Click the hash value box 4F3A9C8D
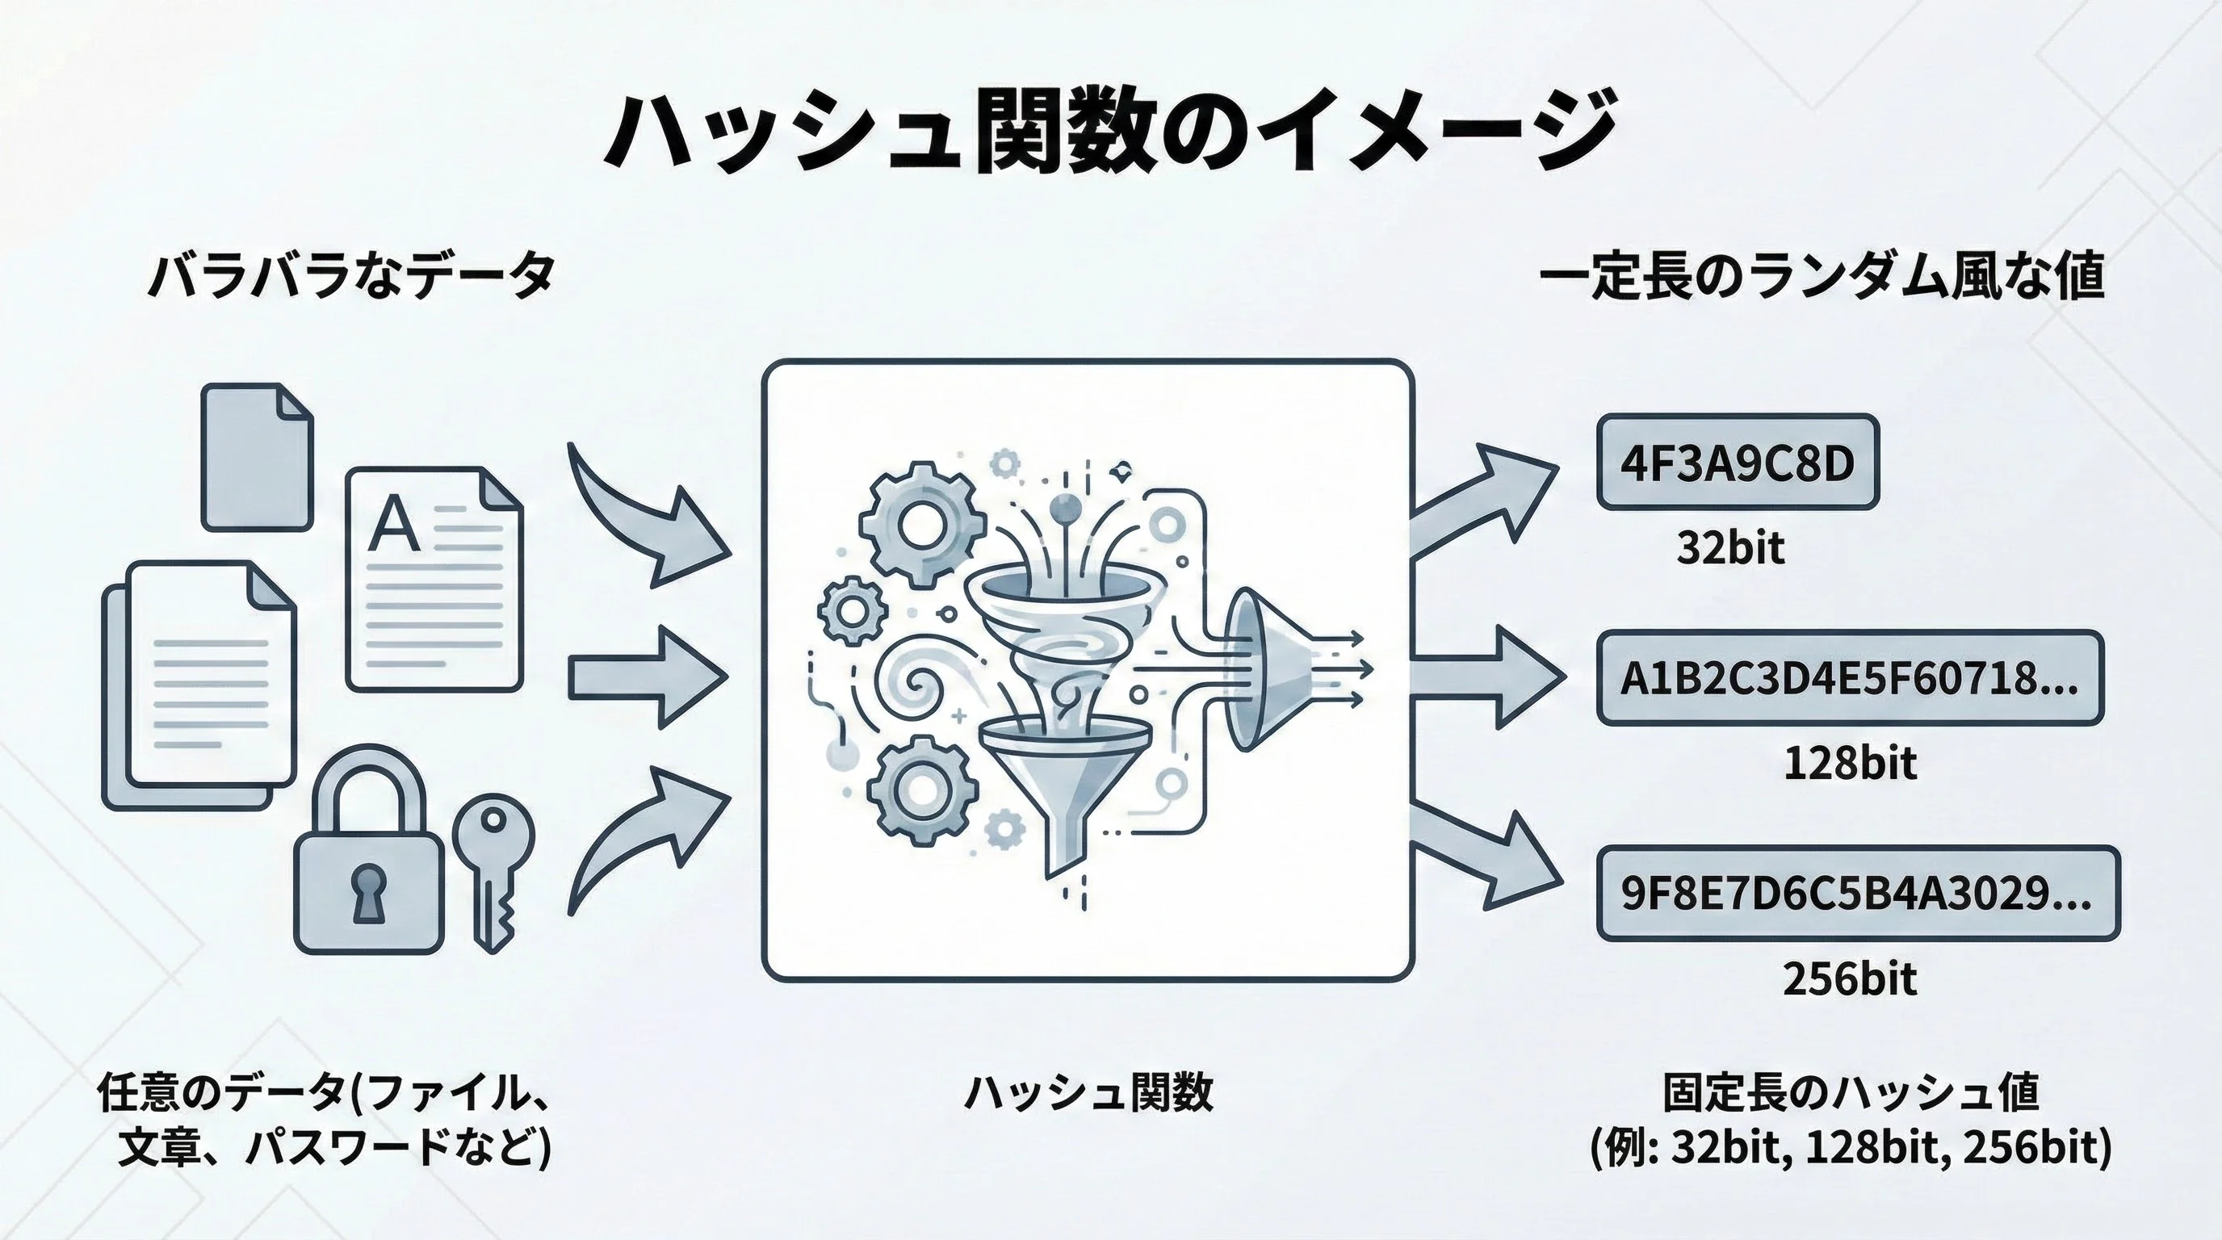[1738, 463]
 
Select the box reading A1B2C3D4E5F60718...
[1848, 678]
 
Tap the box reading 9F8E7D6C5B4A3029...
[1857, 893]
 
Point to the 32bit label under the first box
[1729, 548]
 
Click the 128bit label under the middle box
[1849, 764]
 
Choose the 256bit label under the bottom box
[1849, 978]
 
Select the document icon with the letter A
[434, 579]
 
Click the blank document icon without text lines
[256, 457]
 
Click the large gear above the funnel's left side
[921, 522]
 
